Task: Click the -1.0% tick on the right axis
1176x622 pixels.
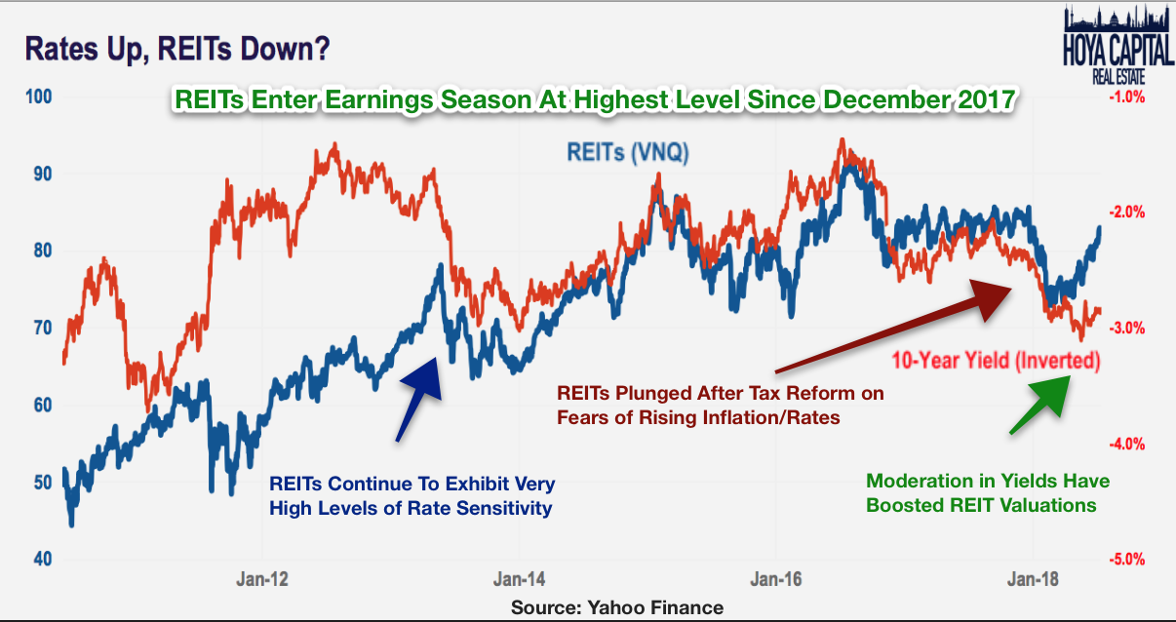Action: click(1124, 97)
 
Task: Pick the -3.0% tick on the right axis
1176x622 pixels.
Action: click(1124, 329)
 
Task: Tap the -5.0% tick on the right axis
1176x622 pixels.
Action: click(1124, 560)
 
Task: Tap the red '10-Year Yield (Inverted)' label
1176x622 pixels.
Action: click(996, 361)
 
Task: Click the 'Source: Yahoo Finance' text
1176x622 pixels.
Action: click(617, 607)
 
